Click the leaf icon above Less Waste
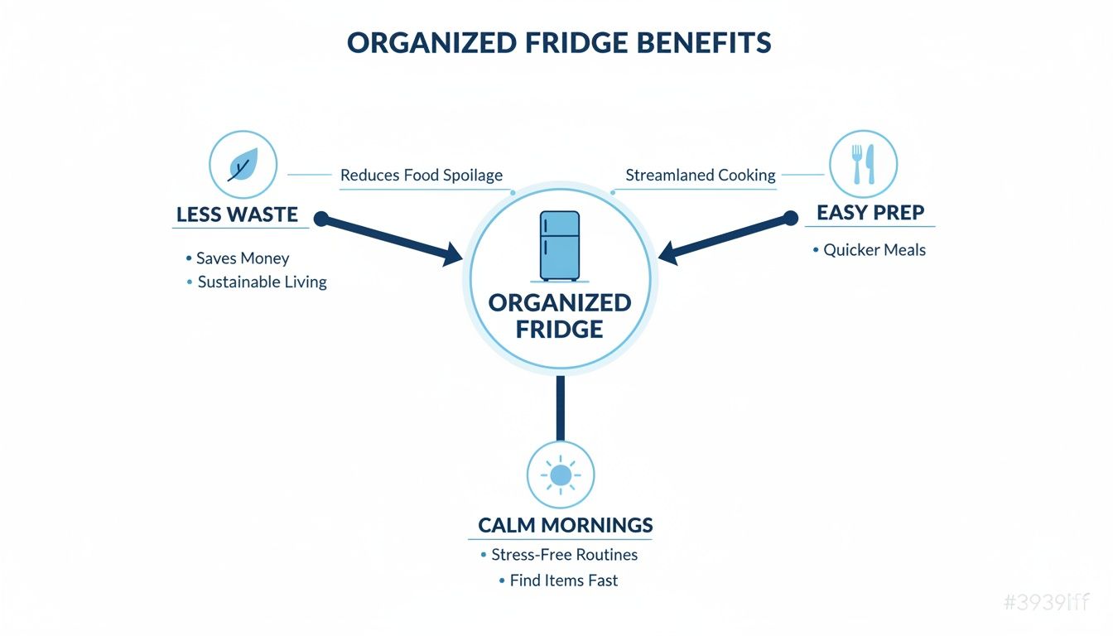(x=243, y=165)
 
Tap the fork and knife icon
(x=863, y=165)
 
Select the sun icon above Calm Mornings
(x=561, y=475)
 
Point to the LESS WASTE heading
(x=237, y=214)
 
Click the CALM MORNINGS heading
(x=566, y=525)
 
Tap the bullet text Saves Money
(x=243, y=258)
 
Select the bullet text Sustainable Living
(x=262, y=282)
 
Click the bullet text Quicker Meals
(x=874, y=250)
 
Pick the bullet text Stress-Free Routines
(x=564, y=555)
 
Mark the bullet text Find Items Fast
(x=563, y=581)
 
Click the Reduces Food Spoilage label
(x=422, y=176)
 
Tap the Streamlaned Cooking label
(x=701, y=176)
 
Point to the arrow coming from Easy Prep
(x=725, y=239)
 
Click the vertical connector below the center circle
(x=561, y=407)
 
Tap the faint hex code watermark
(x=1046, y=603)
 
